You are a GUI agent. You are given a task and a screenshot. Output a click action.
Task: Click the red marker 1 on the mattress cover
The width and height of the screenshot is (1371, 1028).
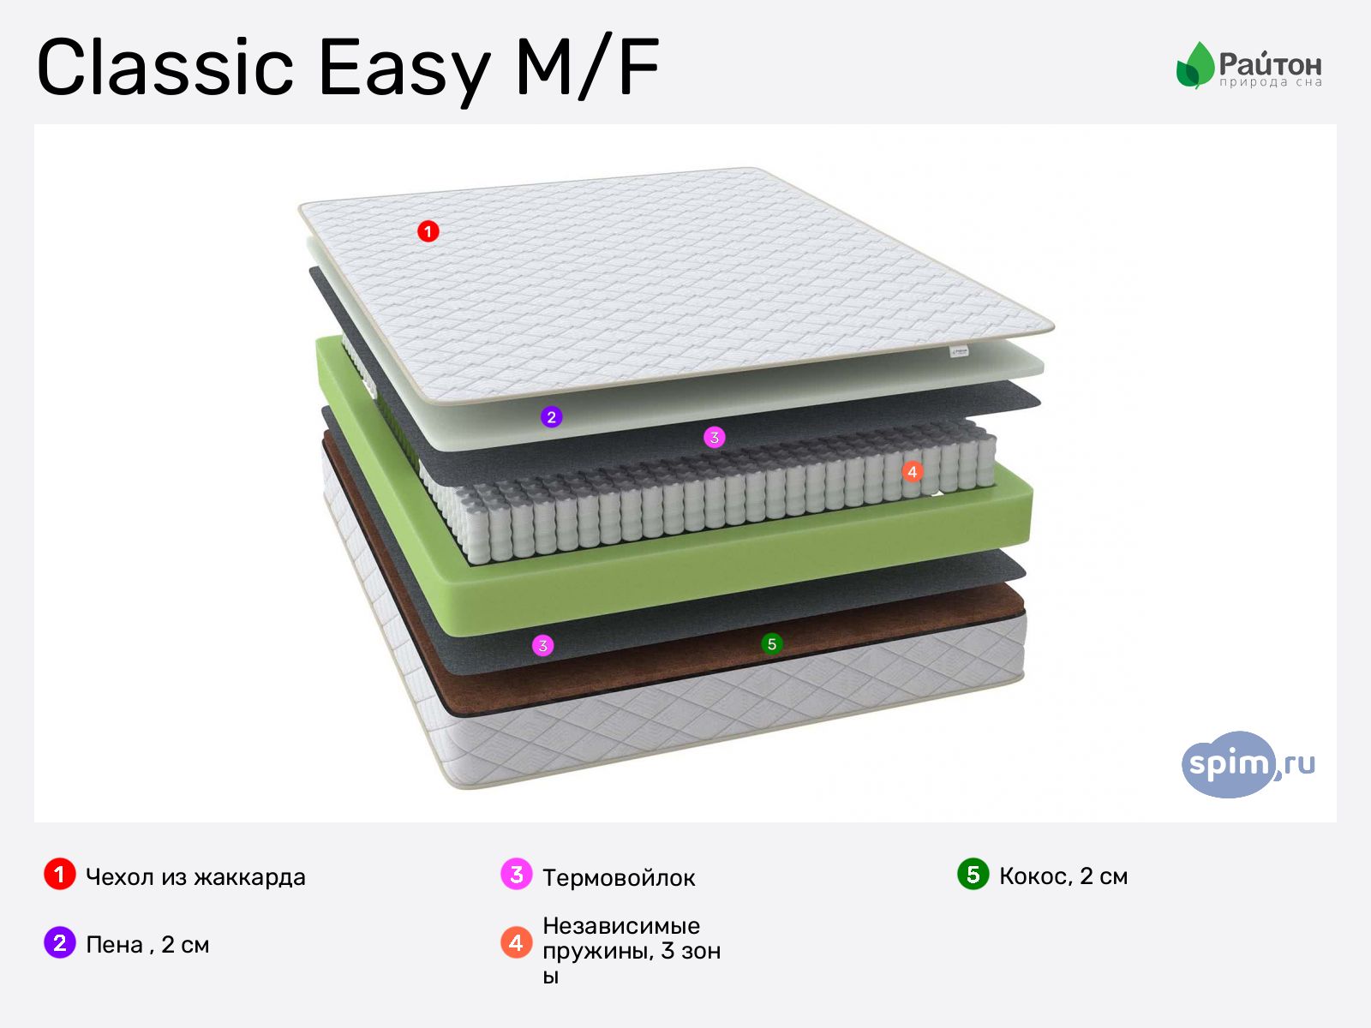(428, 231)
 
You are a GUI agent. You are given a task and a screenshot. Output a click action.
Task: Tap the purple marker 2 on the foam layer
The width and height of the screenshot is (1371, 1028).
(551, 417)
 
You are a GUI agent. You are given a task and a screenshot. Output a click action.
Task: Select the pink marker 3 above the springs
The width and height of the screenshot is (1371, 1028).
(714, 438)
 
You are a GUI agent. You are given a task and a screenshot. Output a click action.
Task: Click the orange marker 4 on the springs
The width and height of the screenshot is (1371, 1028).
(912, 472)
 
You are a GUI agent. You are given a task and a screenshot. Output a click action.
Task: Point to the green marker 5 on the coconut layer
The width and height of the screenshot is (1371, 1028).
(772, 644)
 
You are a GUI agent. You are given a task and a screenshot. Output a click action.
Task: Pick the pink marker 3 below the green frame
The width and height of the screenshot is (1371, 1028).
(542, 646)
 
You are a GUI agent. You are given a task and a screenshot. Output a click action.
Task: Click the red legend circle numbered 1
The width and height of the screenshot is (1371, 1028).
(59, 875)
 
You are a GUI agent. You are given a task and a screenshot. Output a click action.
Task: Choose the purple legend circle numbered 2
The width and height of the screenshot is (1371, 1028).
(59, 943)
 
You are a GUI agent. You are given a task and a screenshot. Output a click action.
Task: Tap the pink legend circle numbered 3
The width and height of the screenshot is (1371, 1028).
(516, 875)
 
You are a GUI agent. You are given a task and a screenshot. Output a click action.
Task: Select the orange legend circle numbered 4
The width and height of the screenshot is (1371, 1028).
(516, 943)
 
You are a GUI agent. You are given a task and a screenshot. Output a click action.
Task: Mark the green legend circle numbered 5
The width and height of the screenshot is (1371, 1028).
(973, 875)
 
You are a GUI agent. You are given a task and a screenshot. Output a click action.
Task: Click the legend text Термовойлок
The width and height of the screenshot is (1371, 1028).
(619, 877)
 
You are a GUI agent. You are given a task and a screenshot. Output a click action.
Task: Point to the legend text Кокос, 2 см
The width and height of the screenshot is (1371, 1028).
(1063, 876)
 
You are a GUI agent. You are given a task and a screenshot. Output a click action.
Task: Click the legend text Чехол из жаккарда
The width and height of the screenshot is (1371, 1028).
(195, 877)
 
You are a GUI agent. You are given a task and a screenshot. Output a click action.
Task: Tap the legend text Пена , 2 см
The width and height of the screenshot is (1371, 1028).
(147, 944)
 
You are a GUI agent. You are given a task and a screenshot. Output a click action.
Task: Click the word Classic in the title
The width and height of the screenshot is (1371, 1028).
(165, 67)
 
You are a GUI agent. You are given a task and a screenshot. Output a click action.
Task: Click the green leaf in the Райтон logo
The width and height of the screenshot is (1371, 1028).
(1194, 65)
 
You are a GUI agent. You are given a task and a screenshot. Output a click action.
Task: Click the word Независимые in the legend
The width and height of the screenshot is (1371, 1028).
(621, 925)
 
